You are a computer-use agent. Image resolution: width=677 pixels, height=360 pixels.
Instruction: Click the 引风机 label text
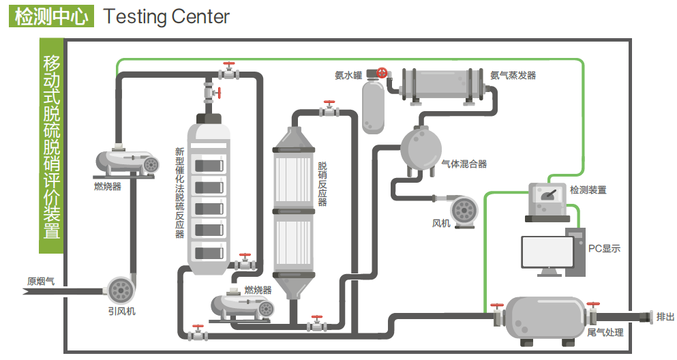click(x=121, y=311)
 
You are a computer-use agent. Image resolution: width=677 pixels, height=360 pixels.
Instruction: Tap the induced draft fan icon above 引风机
click(x=121, y=289)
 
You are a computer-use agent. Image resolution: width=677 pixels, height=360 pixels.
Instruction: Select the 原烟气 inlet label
click(x=40, y=281)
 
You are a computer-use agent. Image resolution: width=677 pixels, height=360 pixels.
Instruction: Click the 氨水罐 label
click(x=348, y=74)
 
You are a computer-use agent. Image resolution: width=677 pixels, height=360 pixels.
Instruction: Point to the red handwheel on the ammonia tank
click(x=382, y=72)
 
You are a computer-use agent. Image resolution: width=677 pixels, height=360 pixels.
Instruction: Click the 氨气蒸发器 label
click(x=513, y=74)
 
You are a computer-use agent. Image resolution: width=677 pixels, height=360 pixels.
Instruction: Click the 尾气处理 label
click(x=605, y=333)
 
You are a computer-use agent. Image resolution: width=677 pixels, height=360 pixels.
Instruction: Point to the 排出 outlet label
click(x=665, y=316)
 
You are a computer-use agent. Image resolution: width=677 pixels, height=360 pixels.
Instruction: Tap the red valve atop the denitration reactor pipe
click(x=331, y=107)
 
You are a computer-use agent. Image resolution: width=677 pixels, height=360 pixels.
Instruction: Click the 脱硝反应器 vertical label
click(x=322, y=183)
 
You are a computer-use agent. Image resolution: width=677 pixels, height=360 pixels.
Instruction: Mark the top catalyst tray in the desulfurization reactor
click(x=210, y=165)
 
